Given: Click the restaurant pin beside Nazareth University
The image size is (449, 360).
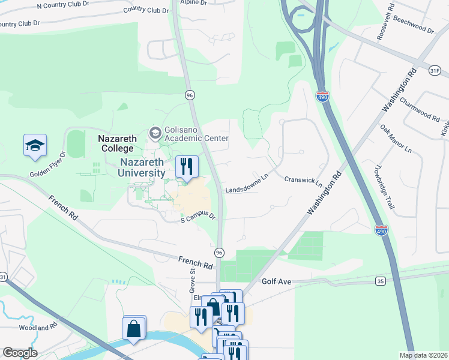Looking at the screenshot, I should click(187, 166).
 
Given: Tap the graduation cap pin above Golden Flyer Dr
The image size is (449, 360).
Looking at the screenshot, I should click(35, 145).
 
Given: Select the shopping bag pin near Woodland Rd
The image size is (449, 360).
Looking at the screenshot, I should click(134, 328).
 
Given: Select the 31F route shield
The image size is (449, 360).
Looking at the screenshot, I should click(435, 70).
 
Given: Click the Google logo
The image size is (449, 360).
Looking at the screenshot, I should click(20, 353).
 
